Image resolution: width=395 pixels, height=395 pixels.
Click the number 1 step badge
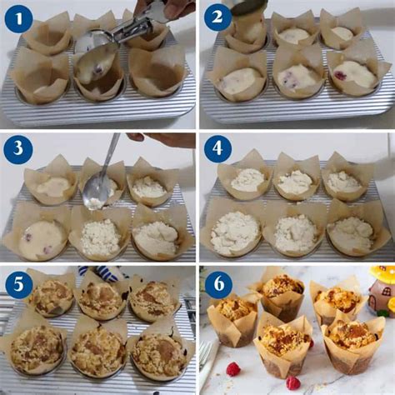[18, 17]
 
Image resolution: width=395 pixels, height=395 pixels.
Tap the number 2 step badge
[217, 17]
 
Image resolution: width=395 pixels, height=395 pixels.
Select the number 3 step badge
[18, 150]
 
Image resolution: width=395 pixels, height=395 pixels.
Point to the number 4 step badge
[217, 150]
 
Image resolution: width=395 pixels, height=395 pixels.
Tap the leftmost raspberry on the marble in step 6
[233, 368]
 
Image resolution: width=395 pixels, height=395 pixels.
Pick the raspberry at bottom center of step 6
[292, 382]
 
